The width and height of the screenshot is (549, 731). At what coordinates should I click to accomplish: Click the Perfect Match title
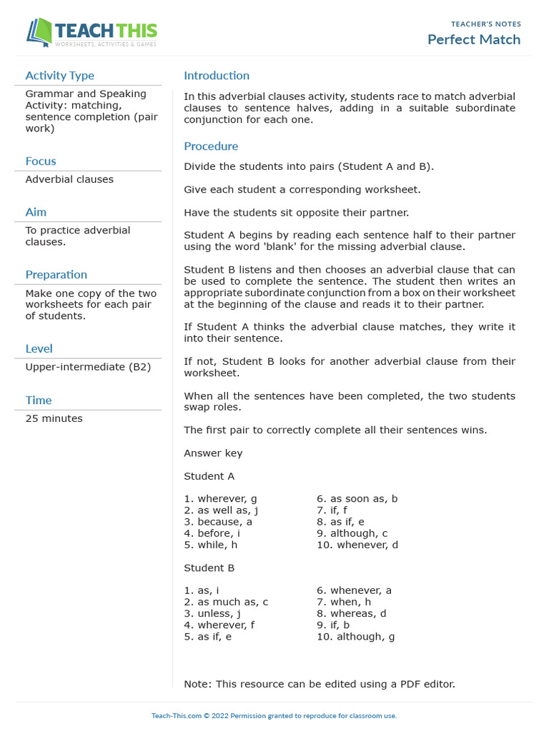pos(473,39)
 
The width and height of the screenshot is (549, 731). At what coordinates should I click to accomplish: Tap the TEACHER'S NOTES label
pos(485,24)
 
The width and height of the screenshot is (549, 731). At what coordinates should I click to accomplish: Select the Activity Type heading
pos(59,76)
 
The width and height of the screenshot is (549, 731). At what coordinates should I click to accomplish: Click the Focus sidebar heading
pos(41,161)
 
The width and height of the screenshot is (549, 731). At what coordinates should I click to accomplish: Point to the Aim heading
pos(36,212)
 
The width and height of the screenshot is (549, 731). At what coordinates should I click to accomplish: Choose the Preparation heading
pos(56,275)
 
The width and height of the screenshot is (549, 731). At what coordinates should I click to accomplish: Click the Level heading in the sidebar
pos(39,349)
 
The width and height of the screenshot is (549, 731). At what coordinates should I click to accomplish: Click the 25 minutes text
pos(54,418)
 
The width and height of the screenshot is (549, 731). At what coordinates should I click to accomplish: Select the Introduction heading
pos(217,76)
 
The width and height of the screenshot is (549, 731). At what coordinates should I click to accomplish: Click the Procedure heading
pos(211,146)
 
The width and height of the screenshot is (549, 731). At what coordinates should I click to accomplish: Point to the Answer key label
pos(213,453)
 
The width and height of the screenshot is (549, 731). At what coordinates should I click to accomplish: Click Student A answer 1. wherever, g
pos(220,499)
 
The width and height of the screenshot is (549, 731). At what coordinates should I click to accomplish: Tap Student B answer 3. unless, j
pos(212,613)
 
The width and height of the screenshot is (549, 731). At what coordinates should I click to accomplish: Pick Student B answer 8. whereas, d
pos(351,613)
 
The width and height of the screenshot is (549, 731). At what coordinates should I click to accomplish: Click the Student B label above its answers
pos(209,568)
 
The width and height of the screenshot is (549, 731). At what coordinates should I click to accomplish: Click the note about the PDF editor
pos(319,684)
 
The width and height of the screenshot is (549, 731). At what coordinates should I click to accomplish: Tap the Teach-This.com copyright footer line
pos(274,716)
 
